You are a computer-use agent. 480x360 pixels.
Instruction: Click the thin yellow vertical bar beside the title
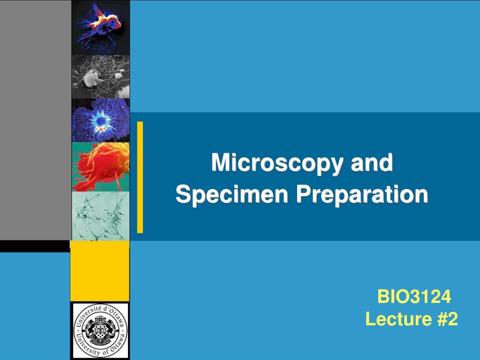140,177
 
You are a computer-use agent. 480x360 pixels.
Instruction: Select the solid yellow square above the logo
99,271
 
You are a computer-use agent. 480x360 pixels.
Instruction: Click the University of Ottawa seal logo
100,330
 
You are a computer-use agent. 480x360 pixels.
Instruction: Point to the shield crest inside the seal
100,330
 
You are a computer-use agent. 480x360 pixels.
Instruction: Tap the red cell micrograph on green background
100,167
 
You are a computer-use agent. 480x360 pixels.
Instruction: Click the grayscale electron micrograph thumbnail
100,76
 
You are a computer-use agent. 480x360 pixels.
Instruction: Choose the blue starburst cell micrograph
100,120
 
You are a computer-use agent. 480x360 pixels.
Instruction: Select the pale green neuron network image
100,216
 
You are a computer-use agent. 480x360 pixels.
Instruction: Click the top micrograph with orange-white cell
100,27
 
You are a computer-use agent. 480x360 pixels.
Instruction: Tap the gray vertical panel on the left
35,120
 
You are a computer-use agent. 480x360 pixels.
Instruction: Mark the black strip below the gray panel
35,246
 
